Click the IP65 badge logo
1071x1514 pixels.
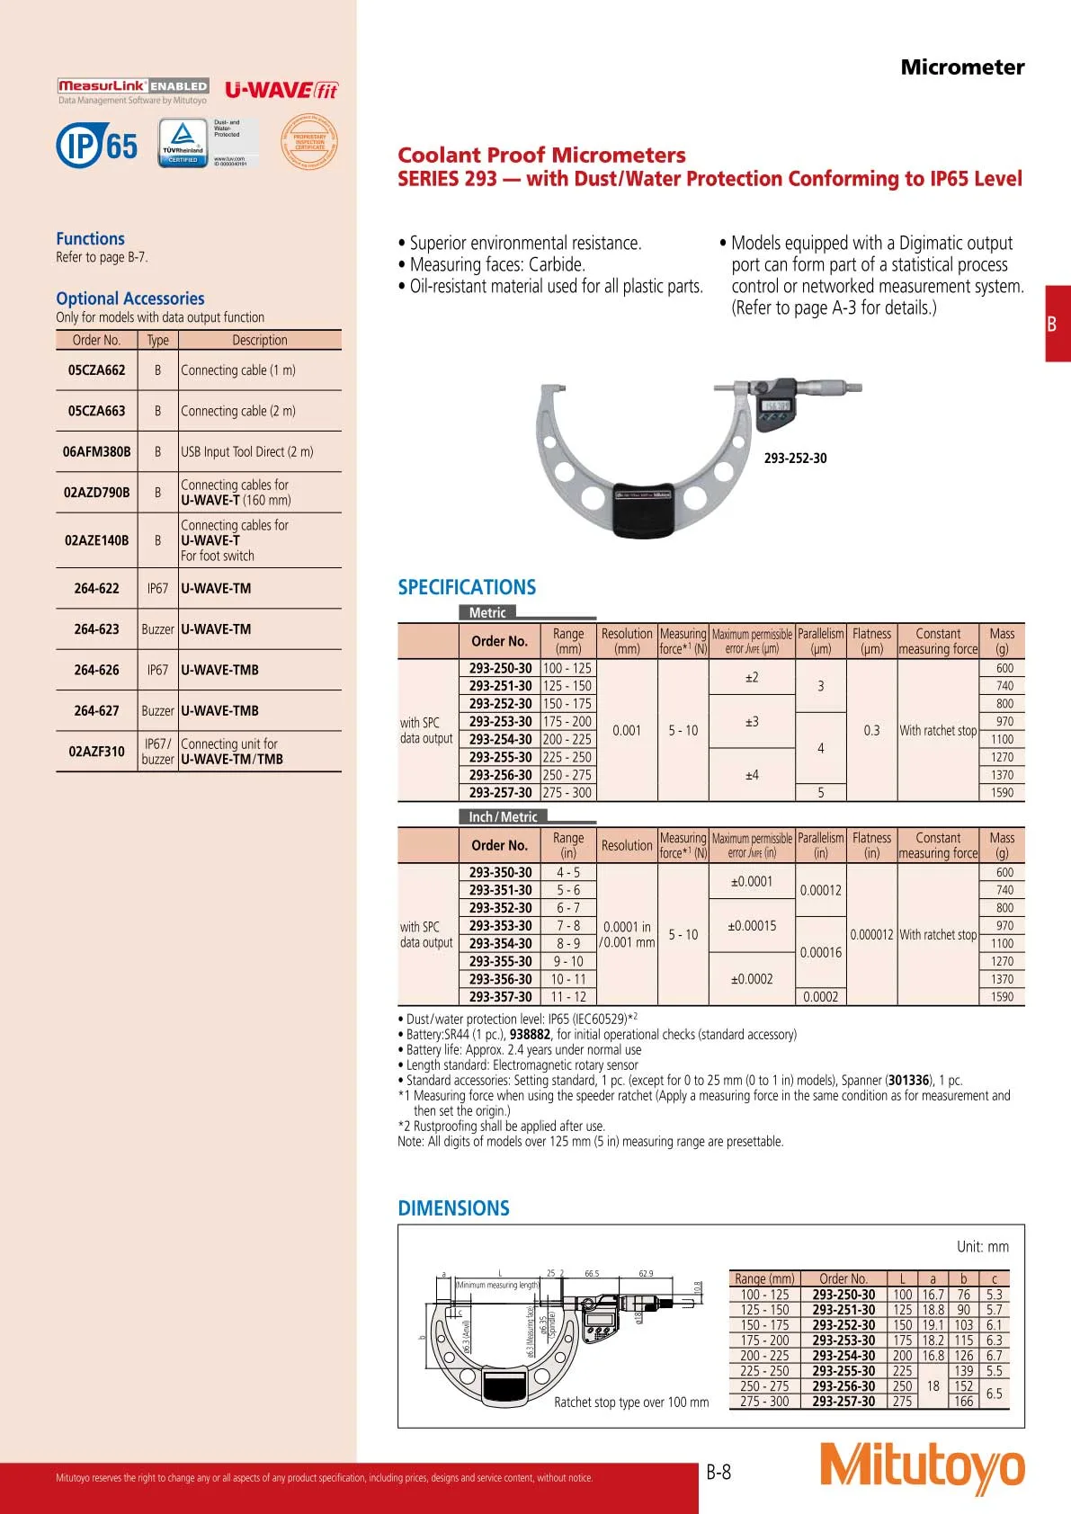[97, 145]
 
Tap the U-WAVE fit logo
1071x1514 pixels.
[281, 90]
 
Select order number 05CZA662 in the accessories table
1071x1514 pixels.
[96, 370]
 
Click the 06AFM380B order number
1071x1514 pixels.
[96, 452]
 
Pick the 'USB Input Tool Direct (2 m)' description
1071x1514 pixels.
[247, 452]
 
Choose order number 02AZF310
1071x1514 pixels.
[96, 752]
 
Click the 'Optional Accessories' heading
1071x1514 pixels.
[130, 298]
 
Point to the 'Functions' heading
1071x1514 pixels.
[90, 239]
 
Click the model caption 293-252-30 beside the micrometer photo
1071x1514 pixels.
[795, 459]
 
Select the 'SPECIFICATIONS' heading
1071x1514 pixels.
[467, 588]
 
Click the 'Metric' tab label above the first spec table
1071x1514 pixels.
[487, 613]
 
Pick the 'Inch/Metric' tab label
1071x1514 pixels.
[503, 817]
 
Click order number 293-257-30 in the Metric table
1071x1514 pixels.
[500, 793]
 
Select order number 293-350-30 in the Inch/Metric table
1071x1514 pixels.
[500, 873]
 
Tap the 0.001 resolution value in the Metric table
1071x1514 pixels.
[627, 731]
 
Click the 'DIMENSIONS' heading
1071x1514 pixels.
[453, 1209]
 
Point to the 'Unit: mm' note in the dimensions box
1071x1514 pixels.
[982, 1247]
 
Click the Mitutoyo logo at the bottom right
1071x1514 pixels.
[922, 1467]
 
